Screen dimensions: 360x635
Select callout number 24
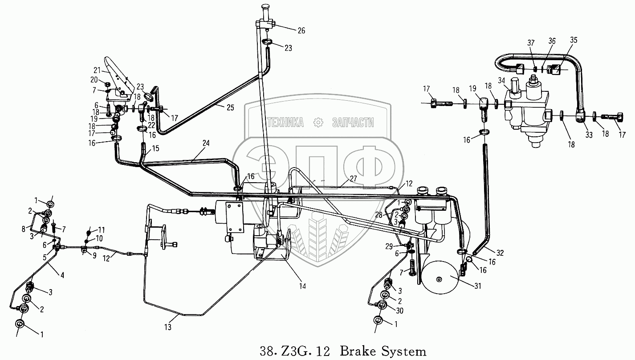pos(206,143)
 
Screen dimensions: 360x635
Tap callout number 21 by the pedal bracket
pos(97,70)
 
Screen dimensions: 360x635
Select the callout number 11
pos(102,229)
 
